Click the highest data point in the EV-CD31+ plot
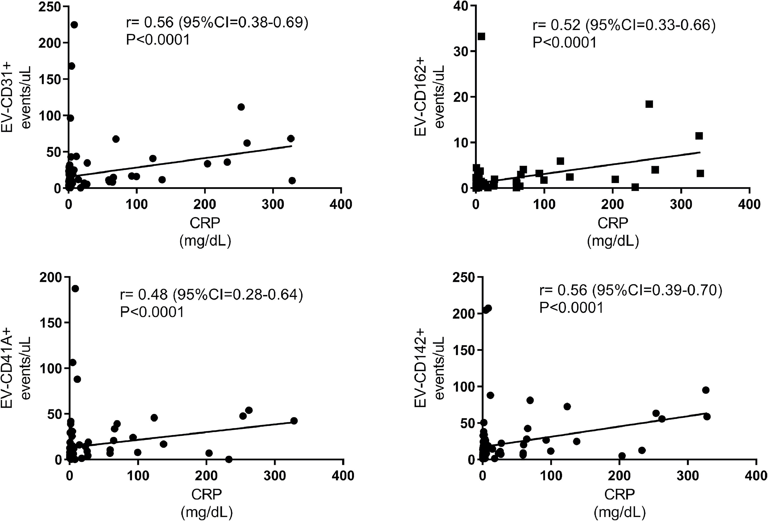[x=74, y=25]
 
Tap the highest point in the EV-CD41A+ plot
[x=75, y=289]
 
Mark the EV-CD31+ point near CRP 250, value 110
[x=241, y=107]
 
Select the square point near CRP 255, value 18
[x=649, y=104]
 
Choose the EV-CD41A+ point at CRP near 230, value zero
[x=229, y=459]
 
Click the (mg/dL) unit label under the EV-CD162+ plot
[x=613, y=241]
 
